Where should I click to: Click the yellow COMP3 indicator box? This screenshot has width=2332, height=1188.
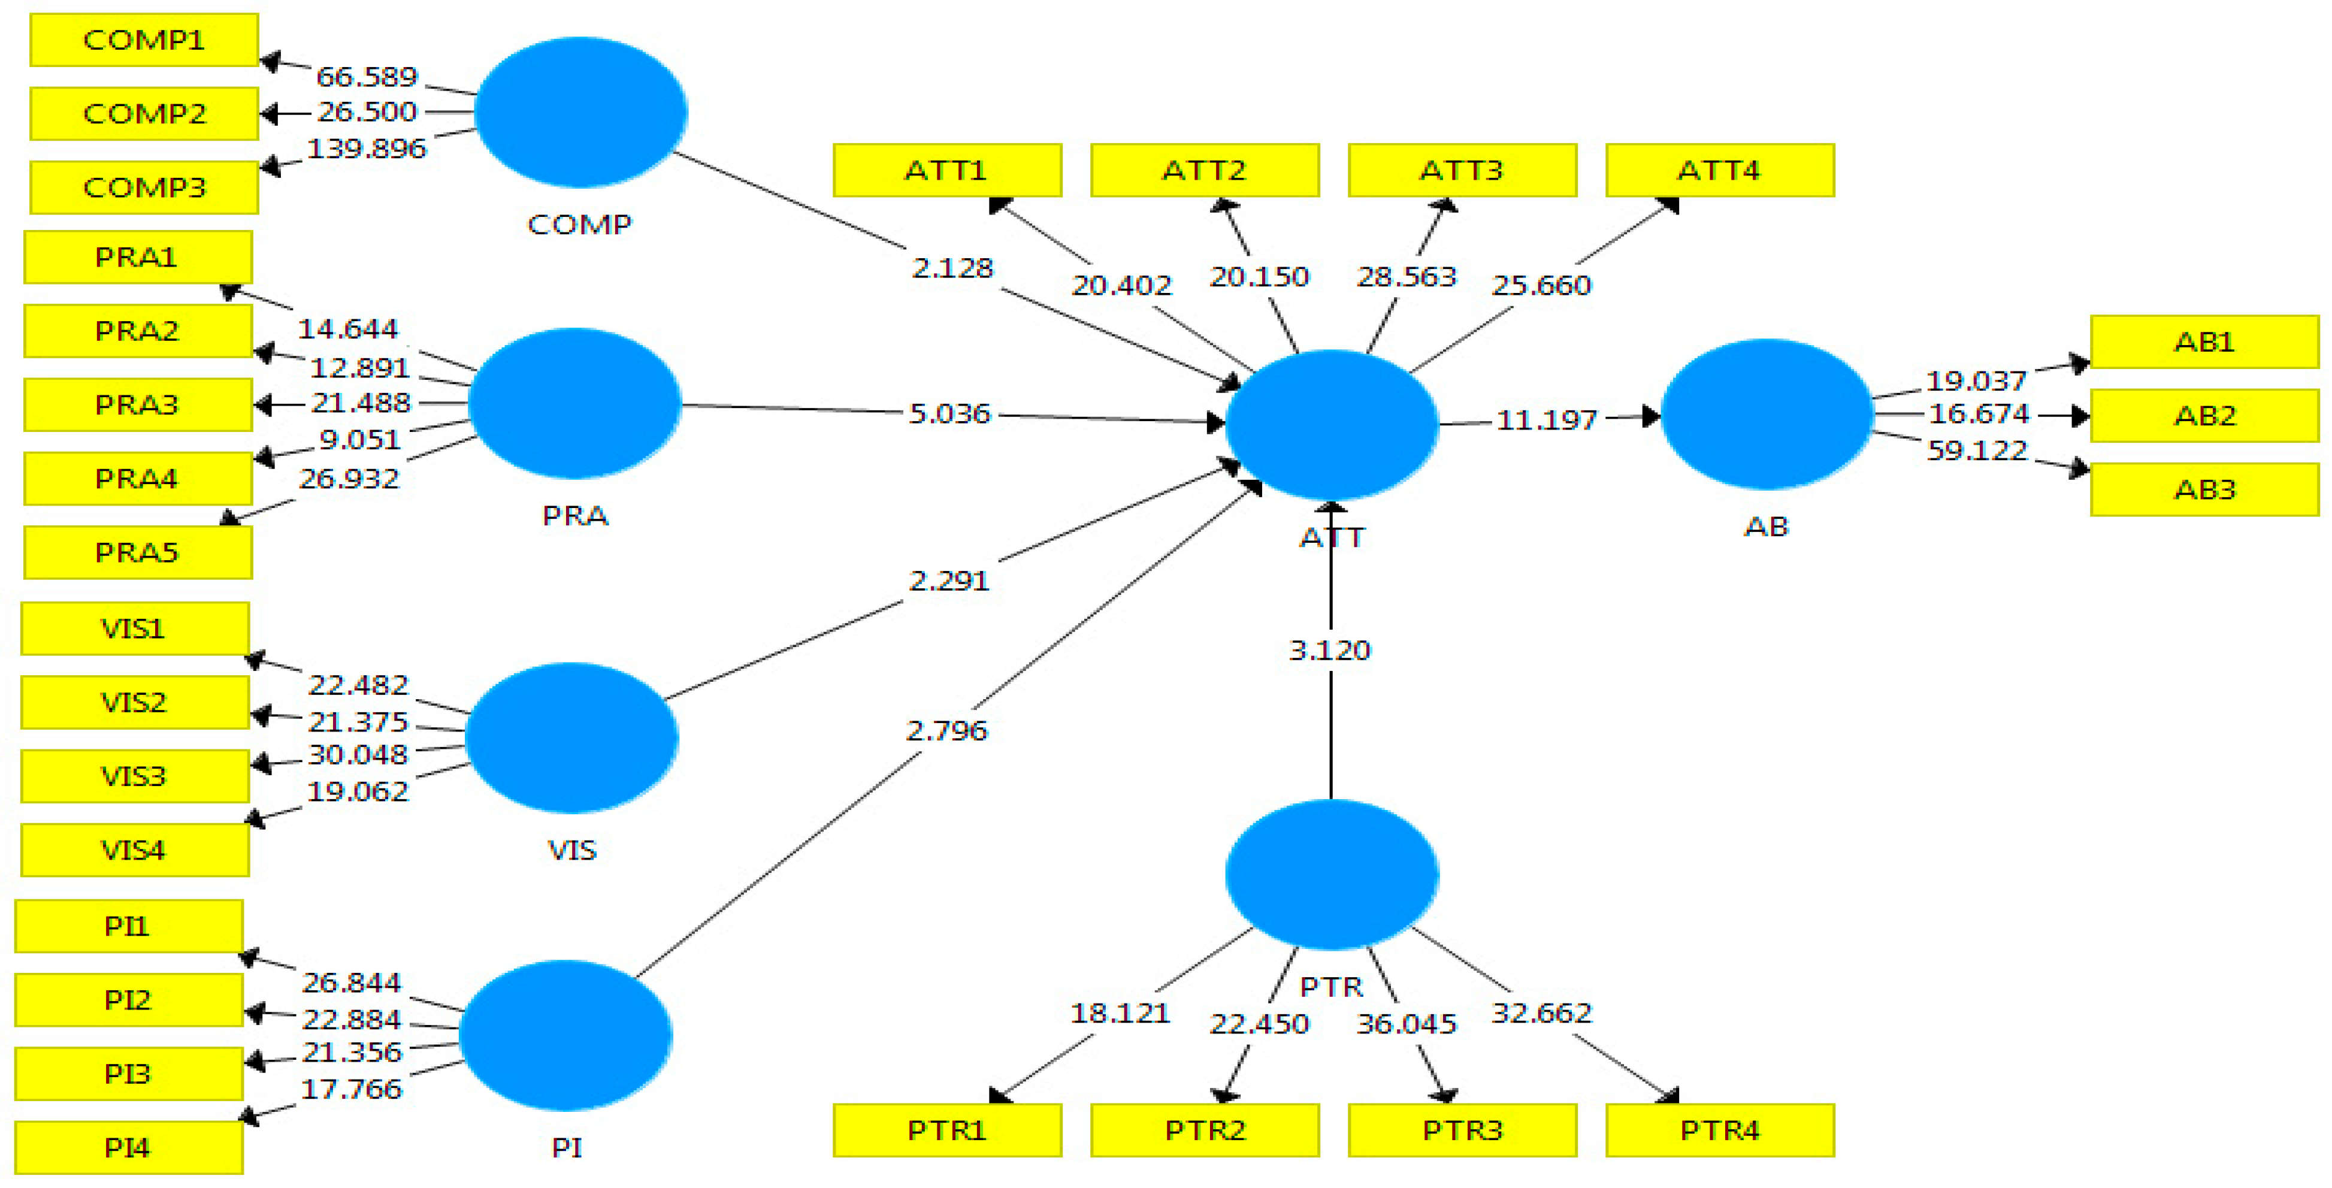point(144,188)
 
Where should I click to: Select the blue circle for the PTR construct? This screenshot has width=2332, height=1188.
point(1331,874)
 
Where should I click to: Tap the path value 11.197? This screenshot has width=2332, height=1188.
point(1546,420)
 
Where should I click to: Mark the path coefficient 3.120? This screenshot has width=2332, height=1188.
point(1330,650)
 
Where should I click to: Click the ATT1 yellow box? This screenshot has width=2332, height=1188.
point(947,170)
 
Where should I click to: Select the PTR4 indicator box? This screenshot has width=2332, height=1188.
point(1720,1130)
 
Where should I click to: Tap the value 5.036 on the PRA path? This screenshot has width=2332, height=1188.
point(949,414)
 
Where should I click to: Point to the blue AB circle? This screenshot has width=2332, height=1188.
point(1766,414)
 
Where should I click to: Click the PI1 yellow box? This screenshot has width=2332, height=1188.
point(129,926)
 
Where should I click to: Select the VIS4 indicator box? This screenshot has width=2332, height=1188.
point(134,850)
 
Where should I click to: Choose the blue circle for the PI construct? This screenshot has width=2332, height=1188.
point(566,1035)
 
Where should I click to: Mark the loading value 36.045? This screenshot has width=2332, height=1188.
point(1406,1024)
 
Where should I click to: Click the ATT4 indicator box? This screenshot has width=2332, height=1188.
point(1720,170)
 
